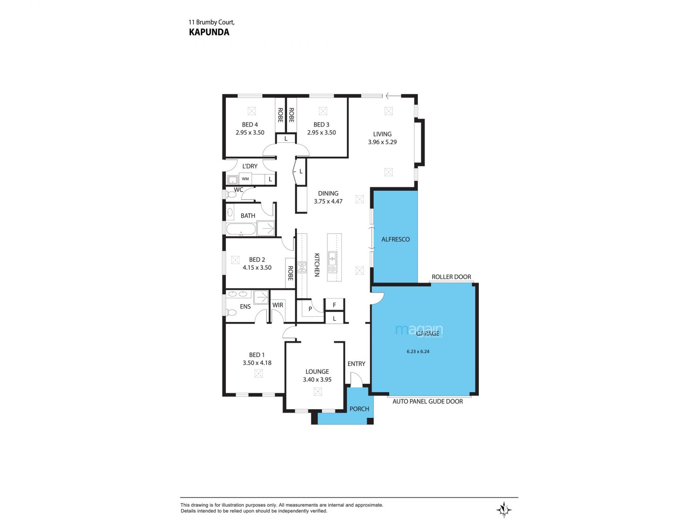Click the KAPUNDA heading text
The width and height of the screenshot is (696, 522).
point(209,32)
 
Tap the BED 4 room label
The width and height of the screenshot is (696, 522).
point(250,125)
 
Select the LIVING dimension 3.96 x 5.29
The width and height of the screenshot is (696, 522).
point(382,142)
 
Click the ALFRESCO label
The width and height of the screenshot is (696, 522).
point(395,239)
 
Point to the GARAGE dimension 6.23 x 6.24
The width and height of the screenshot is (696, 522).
point(418,351)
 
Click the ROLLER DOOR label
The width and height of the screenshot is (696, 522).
point(451,277)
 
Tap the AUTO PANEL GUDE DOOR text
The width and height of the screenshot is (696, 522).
point(428,401)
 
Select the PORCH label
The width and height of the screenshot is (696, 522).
point(359,409)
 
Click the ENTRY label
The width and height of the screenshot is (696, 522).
point(356,364)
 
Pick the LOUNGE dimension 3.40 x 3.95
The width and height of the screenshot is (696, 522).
point(317,380)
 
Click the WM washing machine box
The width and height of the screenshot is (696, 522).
point(245,179)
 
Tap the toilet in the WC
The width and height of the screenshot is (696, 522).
point(231,195)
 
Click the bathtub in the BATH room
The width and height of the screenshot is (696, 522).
point(241,229)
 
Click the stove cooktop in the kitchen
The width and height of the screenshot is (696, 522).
point(302,267)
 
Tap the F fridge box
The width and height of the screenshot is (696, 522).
point(334,305)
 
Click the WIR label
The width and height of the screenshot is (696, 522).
point(278,305)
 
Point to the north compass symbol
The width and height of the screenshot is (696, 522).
point(504,510)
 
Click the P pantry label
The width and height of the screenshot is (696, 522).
point(310,309)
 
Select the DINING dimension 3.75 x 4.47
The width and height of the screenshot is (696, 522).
point(328,202)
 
